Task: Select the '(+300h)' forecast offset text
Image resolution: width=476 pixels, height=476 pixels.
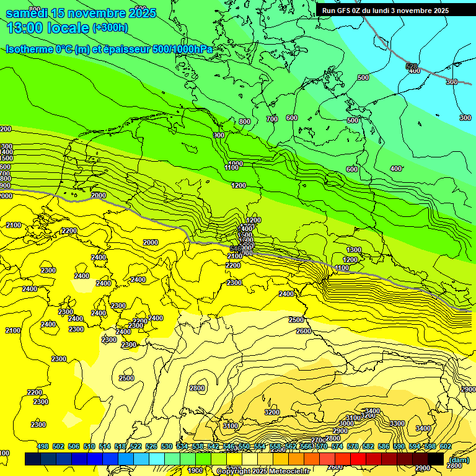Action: point(110,28)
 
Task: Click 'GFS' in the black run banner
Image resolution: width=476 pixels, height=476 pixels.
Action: point(347,11)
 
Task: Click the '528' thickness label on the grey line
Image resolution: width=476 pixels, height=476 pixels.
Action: point(412,66)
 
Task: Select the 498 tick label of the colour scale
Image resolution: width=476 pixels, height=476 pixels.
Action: point(43,446)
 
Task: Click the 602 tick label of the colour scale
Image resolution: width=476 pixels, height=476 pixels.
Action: point(445,446)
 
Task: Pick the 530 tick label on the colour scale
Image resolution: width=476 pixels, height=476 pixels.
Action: point(167,446)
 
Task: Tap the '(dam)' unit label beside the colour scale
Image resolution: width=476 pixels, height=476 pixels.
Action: point(459,459)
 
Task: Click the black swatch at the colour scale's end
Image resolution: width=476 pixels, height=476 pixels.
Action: point(436,459)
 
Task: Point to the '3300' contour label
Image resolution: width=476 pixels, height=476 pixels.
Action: point(397,423)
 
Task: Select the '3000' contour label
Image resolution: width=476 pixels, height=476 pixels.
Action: point(346,423)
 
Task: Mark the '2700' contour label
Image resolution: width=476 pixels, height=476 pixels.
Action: point(319,440)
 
